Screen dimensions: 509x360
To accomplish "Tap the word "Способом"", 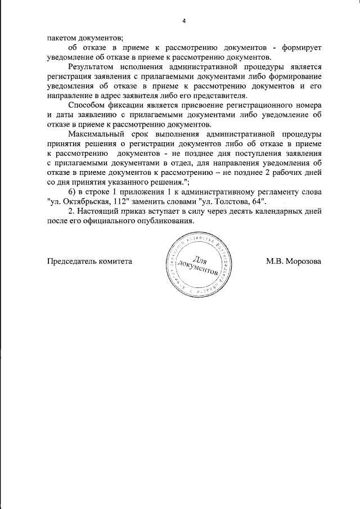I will pos(84,105).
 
